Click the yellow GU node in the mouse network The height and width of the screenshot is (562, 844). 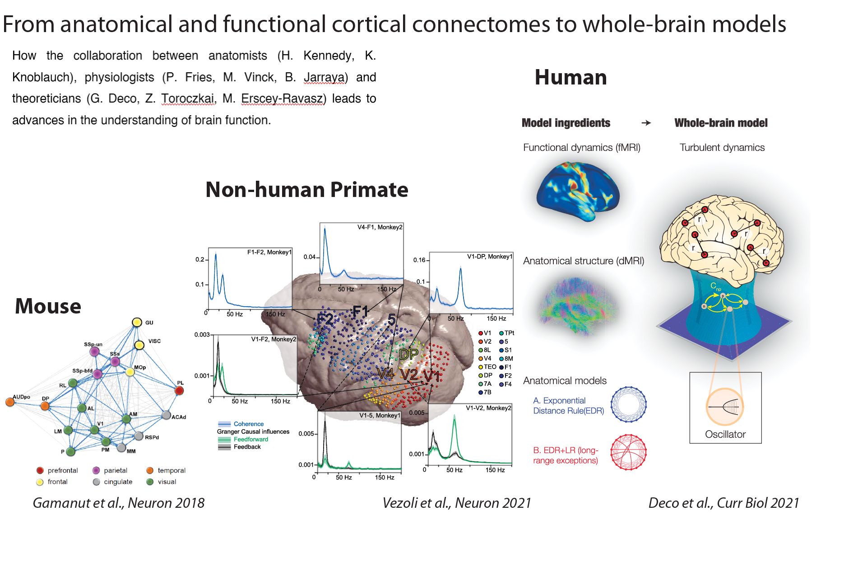pyautogui.click(x=137, y=322)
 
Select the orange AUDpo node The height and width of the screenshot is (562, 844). pyautogui.click(x=10, y=402)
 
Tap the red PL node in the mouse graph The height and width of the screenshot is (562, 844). pyautogui.click(x=179, y=391)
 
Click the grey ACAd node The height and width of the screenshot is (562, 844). pyautogui.click(x=166, y=415)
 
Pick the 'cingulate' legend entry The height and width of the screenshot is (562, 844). pyautogui.click(x=118, y=482)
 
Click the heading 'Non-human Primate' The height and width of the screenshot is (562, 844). pyautogui.click(x=306, y=190)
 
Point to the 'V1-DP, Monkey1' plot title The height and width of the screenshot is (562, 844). pyautogui.click(x=489, y=257)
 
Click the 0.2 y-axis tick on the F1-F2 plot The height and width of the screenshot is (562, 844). pyautogui.click(x=199, y=260)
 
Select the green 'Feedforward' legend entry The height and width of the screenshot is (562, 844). pyautogui.click(x=250, y=439)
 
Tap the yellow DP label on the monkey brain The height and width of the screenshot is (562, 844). pyautogui.click(x=409, y=355)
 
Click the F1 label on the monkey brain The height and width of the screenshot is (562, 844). pyautogui.click(x=361, y=311)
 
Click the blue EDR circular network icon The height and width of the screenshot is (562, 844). pyautogui.click(x=628, y=404)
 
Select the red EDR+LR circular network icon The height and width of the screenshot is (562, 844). pyautogui.click(x=628, y=452)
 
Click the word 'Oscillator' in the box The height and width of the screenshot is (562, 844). pyautogui.click(x=725, y=434)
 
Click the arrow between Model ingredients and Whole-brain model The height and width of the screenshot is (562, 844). pyautogui.click(x=646, y=123)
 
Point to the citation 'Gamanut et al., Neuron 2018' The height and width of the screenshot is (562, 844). pyautogui.click(x=118, y=503)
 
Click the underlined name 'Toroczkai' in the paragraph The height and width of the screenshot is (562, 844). pyautogui.click(x=188, y=98)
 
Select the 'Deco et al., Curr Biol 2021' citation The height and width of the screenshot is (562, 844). pyautogui.click(x=723, y=503)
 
